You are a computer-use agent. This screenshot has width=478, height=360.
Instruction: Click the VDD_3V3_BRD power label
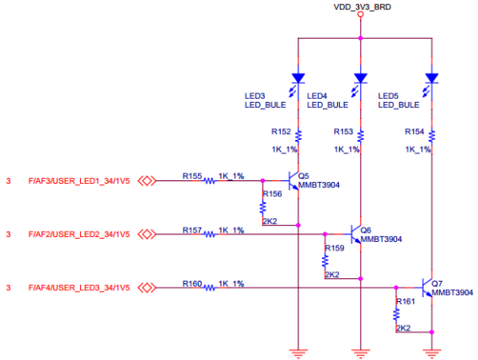[362, 8]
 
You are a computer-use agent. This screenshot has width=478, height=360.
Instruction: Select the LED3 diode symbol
[297, 78]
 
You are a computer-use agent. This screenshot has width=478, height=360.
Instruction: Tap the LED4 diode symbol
[361, 78]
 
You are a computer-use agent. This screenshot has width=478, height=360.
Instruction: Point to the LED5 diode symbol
[432, 78]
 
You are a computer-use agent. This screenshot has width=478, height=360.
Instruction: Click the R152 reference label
[281, 132]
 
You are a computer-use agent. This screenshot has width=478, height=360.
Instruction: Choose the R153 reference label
[344, 132]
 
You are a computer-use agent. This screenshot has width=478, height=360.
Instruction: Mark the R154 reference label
[415, 132]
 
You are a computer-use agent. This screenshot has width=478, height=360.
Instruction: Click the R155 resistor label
[192, 176]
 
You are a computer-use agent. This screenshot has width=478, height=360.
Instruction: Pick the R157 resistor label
[192, 230]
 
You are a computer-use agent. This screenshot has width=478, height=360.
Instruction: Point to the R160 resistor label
[192, 284]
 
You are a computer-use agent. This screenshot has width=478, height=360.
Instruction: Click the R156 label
[272, 194]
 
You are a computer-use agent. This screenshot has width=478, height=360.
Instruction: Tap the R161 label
[406, 301]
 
